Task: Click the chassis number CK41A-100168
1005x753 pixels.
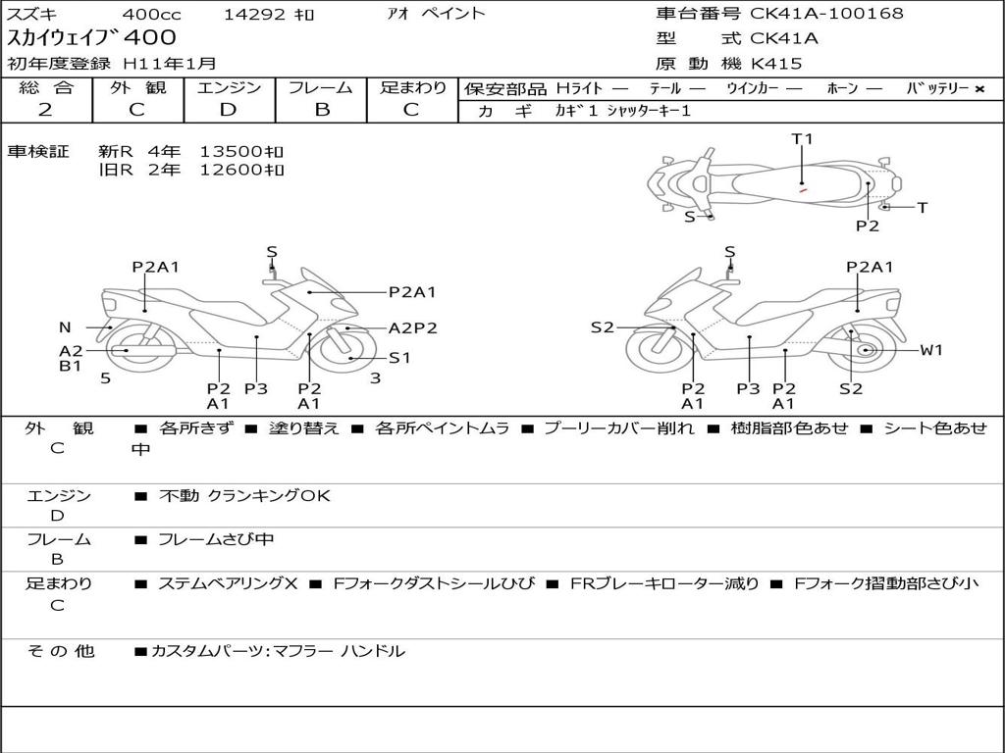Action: [x=826, y=14]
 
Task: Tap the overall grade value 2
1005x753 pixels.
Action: [x=45, y=110]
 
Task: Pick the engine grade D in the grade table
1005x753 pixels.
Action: [x=228, y=110]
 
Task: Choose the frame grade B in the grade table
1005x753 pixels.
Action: [x=321, y=110]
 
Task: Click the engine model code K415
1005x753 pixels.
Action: [x=776, y=64]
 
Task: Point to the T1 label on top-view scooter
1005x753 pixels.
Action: [x=802, y=139]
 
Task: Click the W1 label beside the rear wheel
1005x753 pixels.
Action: [x=930, y=350]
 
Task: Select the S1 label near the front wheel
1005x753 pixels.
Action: [x=399, y=358]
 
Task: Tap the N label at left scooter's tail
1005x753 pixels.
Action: [x=65, y=327]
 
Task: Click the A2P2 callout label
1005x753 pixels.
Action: [x=412, y=328]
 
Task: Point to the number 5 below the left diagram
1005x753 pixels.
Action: [x=105, y=378]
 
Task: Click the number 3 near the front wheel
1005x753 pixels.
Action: [x=375, y=378]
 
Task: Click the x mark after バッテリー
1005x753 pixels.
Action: [x=979, y=89]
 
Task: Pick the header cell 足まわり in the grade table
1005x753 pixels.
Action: [x=412, y=87]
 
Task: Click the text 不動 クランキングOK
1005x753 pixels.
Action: [x=244, y=496]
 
